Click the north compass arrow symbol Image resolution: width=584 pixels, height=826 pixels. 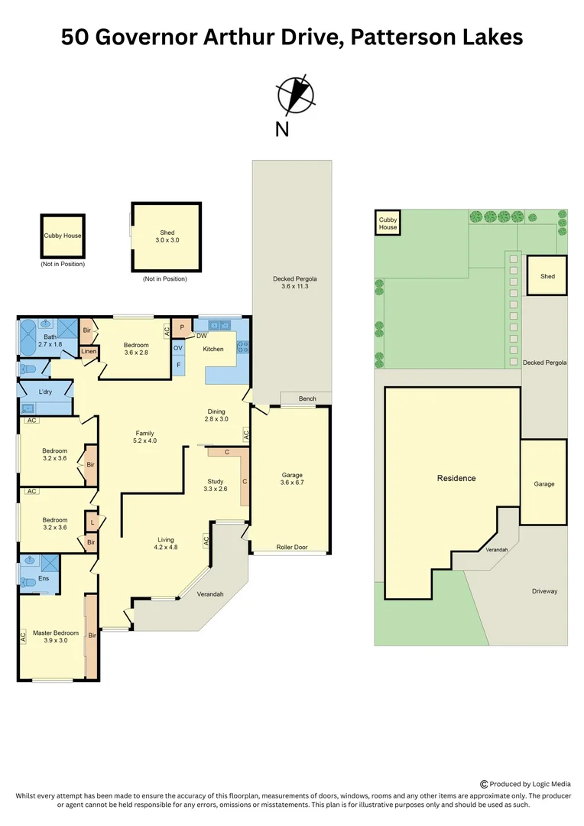click(295, 95)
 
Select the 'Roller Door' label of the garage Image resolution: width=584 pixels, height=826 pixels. click(290, 548)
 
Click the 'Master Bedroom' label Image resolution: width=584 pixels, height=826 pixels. click(55, 636)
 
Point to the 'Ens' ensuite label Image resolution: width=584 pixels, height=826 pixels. click(31, 580)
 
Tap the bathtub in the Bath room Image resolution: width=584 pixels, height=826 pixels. click(28, 337)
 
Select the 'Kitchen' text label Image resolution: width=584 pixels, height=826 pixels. click(213, 349)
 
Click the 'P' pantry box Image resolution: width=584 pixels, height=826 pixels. click(182, 327)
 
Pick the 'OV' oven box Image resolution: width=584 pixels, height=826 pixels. click(178, 348)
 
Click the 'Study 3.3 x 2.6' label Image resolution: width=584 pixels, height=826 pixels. click(216, 485)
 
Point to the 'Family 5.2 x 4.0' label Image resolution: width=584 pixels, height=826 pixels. click(145, 436)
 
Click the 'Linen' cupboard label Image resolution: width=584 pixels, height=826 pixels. click(89, 352)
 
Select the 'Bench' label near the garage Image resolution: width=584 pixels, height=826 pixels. click(307, 398)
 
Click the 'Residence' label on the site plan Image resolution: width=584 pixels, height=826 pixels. click(456, 478)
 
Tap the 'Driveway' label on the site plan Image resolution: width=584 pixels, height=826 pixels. click(545, 591)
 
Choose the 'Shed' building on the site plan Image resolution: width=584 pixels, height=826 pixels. click(547, 275)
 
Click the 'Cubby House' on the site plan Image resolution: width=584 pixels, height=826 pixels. click(388, 223)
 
